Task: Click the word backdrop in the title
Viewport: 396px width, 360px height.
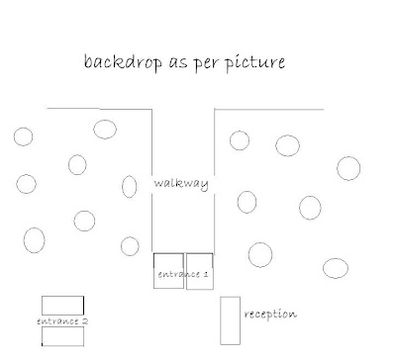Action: click(x=123, y=61)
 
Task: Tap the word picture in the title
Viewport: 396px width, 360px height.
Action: click(x=255, y=62)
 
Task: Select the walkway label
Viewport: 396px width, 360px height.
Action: click(x=181, y=183)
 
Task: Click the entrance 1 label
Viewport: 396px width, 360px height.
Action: click(x=183, y=274)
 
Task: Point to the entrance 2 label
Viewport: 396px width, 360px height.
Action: click(x=62, y=321)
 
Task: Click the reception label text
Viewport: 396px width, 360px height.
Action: click(x=270, y=315)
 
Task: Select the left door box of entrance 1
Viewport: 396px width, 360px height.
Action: click(x=153, y=271)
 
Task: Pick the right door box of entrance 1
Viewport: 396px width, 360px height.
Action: click(x=186, y=271)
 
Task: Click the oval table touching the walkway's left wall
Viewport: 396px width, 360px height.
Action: click(x=122, y=187)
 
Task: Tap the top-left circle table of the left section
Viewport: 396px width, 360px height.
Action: click(x=14, y=136)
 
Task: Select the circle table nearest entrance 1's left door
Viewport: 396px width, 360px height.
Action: click(x=121, y=246)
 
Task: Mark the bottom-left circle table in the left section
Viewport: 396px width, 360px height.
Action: click(x=24, y=240)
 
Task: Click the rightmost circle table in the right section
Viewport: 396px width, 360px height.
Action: click(x=338, y=168)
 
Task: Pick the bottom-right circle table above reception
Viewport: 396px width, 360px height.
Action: click(x=323, y=268)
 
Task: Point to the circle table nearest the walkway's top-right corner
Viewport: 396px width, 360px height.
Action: click(x=230, y=140)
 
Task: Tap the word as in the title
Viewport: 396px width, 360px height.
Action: click(x=178, y=63)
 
